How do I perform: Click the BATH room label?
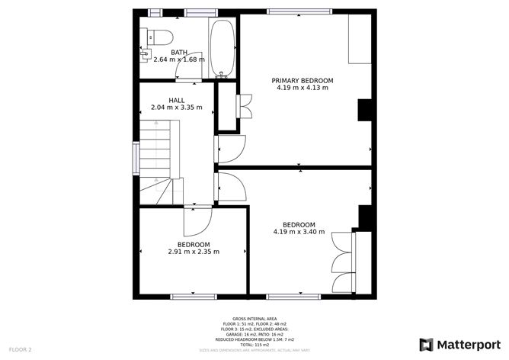click(x=179, y=52)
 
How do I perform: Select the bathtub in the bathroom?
click(x=222, y=48)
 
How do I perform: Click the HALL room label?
click(x=177, y=100)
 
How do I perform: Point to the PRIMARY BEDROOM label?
click(x=303, y=80)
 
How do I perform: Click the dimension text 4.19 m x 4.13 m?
click(x=303, y=88)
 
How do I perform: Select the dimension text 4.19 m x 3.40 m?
click(x=299, y=232)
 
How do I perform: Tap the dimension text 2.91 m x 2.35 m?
click(x=194, y=252)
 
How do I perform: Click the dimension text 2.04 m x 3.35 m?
click(x=177, y=108)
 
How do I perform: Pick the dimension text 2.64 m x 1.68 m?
click(x=179, y=59)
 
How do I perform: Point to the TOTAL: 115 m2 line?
click(x=254, y=345)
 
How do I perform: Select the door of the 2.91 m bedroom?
click(x=196, y=222)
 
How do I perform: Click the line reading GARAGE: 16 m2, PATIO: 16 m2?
click(x=254, y=334)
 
